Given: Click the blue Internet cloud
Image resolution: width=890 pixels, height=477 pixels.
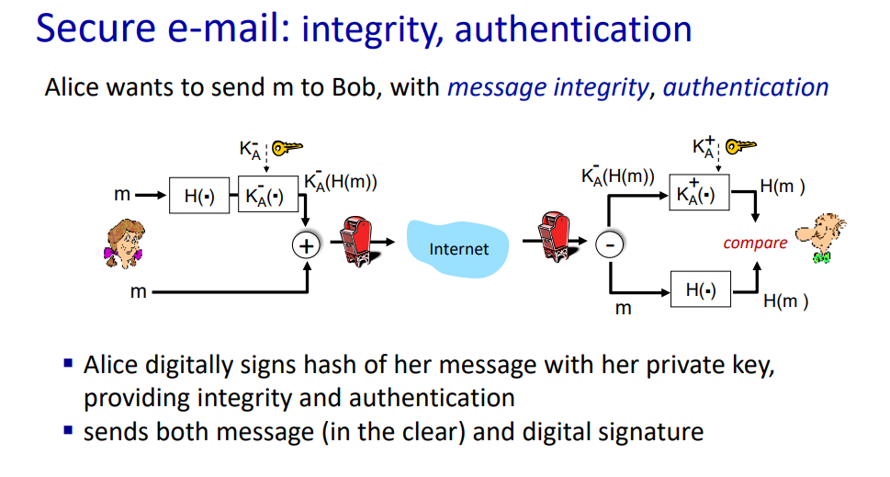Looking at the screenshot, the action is pos(457,249).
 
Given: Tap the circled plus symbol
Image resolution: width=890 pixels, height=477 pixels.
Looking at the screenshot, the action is pos(307,246).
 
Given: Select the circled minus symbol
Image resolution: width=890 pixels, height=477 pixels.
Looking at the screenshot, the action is pos(610,244).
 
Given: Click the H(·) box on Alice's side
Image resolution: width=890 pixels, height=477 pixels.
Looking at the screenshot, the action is pos(199,196).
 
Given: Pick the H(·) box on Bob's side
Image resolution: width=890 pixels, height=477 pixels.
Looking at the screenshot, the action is pos(701,289).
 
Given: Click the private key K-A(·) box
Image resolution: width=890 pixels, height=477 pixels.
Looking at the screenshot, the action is pos(268,194).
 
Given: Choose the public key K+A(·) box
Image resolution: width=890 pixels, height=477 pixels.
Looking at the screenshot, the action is pos(699,192).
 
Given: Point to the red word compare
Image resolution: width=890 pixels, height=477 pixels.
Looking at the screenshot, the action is pos(755,243).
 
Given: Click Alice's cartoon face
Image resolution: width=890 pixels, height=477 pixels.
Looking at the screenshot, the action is pos(124,243).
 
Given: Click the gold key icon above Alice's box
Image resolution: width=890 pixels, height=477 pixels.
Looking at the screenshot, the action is pos(287,148).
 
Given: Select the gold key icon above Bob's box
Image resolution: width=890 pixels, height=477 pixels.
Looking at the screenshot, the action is pos(741,146).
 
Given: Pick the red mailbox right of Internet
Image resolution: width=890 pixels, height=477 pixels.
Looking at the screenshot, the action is pos(555,236).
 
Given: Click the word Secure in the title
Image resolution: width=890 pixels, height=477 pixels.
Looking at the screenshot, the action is pos(96,28).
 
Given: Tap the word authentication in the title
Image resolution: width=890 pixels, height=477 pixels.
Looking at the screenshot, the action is pos(573,29).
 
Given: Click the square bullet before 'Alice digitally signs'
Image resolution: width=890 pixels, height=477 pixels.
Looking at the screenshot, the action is pos(69,363).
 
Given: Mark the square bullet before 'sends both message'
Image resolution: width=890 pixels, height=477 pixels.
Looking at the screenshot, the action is pos(69,430).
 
